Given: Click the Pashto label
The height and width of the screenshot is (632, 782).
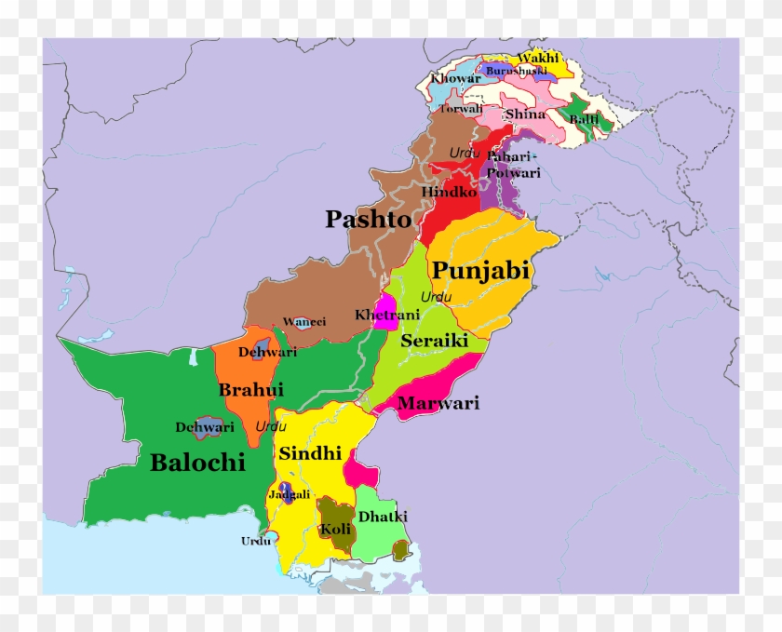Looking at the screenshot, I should pyautogui.click(x=368, y=220).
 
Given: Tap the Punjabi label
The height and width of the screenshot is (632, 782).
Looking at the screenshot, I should pyautogui.click(x=480, y=271).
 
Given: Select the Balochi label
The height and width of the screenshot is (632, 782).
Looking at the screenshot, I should pyautogui.click(x=197, y=462).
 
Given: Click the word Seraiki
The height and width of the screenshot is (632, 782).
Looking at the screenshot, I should pyautogui.click(x=434, y=341).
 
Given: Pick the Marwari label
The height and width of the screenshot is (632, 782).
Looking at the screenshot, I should pyautogui.click(x=438, y=403).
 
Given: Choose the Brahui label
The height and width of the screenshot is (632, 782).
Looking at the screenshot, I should pyautogui.click(x=250, y=390).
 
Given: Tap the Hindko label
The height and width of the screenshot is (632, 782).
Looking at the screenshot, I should pyautogui.click(x=450, y=192).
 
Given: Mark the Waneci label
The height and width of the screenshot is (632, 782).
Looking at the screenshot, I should pyautogui.click(x=304, y=321).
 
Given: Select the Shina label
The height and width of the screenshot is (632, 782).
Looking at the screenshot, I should pyautogui.click(x=525, y=114).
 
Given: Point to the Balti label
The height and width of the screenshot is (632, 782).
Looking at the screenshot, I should pyautogui.click(x=585, y=120).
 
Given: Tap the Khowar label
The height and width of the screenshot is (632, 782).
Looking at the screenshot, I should pyautogui.click(x=455, y=78).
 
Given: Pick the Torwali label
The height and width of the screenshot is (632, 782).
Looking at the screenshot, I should pyautogui.click(x=461, y=109).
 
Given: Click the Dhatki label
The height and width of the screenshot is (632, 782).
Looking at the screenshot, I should pyautogui.click(x=383, y=517).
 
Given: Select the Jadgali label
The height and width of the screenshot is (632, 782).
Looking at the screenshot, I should pyautogui.click(x=289, y=494).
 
